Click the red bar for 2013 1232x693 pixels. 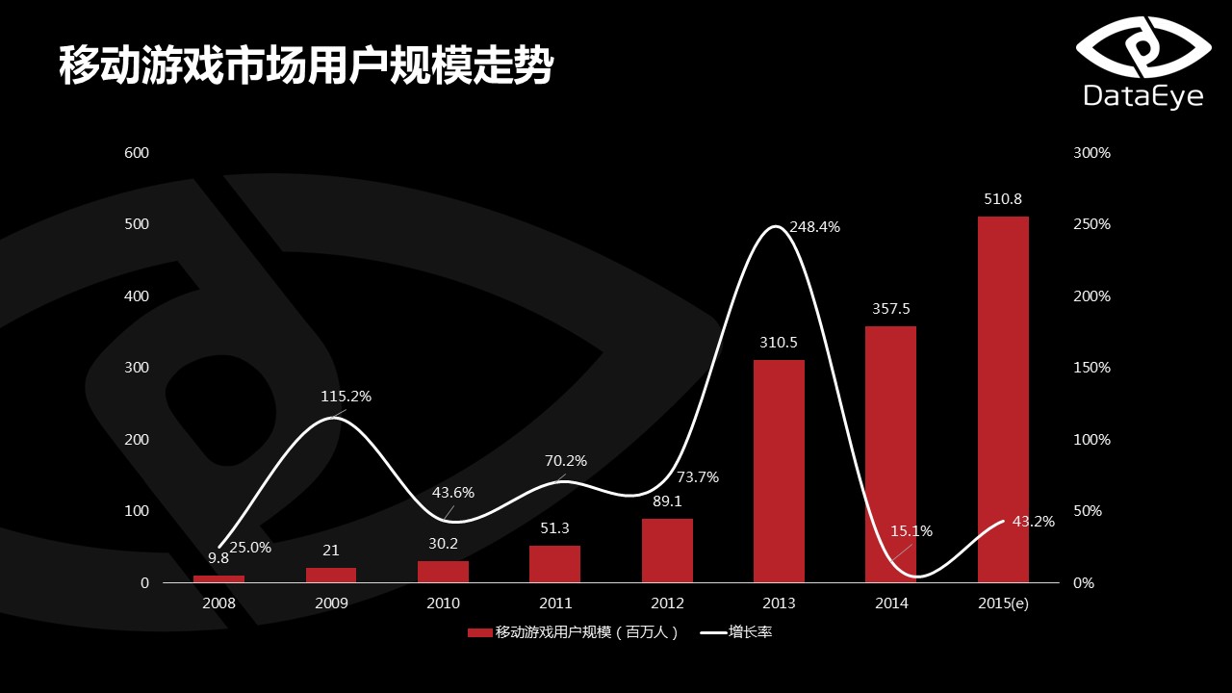(x=779, y=471)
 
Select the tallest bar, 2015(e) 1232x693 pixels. (x=1003, y=399)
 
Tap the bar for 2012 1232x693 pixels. (x=667, y=551)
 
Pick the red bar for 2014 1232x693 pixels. (x=890, y=454)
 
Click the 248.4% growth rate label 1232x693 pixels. (x=814, y=227)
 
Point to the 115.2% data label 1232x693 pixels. (x=346, y=397)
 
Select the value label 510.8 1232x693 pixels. (x=1003, y=199)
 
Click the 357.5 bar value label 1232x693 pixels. (x=890, y=309)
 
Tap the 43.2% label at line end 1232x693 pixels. (x=1034, y=522)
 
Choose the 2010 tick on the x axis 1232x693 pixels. (x=443, y=603)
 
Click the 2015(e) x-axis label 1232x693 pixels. (x=1003, y=603)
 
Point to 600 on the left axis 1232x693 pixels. (x=137, y=153)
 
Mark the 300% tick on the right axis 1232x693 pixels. (x=1091, y=153)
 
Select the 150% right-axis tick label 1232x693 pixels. (x=1091, y=368)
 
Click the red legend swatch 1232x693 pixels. (x=479, y=632)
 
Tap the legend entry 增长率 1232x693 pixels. (x=751, y=632)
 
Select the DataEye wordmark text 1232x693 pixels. (x=1143, y=96)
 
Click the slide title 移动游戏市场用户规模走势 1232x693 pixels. (x=306, y=65)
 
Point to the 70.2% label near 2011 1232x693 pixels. (x=566, y=461)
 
